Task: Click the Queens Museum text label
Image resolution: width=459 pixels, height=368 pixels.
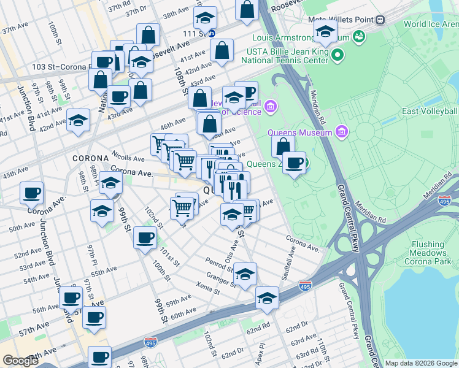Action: coord(299,132)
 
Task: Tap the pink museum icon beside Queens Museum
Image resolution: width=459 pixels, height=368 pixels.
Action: coord(342,132)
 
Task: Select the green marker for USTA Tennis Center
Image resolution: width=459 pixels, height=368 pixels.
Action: coord(337,56)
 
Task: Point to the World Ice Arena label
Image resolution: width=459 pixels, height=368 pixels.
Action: coord(431,25)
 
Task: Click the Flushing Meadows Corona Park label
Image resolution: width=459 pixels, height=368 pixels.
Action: coord(428,248)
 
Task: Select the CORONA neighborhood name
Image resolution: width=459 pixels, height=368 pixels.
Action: coord(90,158)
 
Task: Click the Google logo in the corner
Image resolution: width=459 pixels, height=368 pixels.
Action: coord(20,361)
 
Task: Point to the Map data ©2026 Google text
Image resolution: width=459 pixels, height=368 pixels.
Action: coord(421,363)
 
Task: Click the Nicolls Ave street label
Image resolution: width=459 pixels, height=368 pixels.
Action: coord(128,157)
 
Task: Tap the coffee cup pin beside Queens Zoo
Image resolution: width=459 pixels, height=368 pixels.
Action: coord(295,163)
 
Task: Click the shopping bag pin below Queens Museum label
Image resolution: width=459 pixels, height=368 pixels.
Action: coord(283,147)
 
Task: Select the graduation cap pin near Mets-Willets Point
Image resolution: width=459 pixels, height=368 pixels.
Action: coord(325,33)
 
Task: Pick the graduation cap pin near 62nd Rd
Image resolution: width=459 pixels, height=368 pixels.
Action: coord(267,298)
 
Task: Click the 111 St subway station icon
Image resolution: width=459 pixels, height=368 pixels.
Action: coord(211,33)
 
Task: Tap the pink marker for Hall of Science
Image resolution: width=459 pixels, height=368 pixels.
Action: coord(271,109)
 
